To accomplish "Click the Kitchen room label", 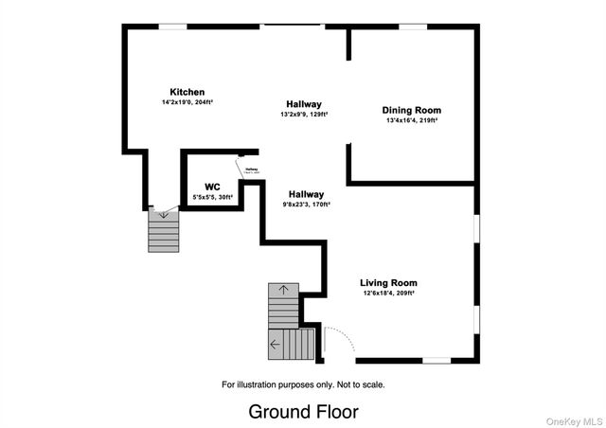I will [x=187, y=92].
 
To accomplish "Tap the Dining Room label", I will [x=412, y=110].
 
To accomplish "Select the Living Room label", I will [x=388, y=282].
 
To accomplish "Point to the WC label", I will [x=213, y=187].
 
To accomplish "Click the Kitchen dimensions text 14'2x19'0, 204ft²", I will [x=187, y=102].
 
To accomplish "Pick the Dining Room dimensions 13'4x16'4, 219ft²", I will [x=412, y=120].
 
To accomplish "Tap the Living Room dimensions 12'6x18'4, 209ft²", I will [x=388, y=293].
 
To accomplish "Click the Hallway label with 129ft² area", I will [x=304, y=104].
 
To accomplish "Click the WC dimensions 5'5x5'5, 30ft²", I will [x=213, y=197].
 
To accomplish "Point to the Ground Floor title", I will [x=303, y=412].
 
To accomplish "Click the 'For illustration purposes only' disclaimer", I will [x=303, y=384].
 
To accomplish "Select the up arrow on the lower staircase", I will [x=283, y=289].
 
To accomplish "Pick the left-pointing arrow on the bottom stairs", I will [x=275, y=344].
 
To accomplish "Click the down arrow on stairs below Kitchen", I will [x=164, y=215].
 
